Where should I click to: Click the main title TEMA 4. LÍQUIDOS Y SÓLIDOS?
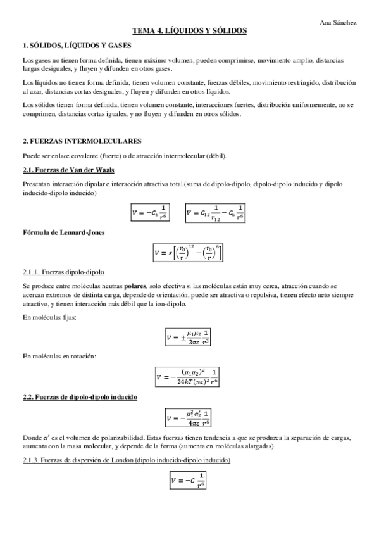(x=189, y=30)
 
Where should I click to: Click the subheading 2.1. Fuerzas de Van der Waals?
(x=68, y=170)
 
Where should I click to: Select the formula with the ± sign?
(x=189, y=337)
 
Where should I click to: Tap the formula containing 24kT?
(x=189, y=378)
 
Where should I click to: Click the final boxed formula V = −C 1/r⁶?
(x=189, y=481)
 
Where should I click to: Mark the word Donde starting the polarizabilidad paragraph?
(x=31, y=438)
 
